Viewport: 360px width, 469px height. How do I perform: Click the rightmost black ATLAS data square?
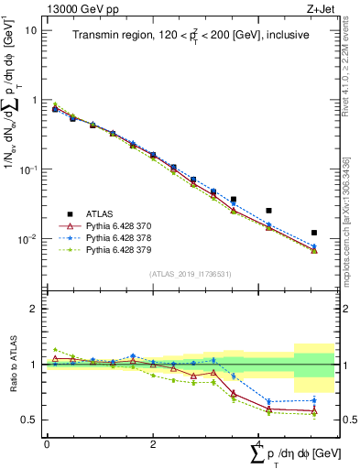coord(314,233)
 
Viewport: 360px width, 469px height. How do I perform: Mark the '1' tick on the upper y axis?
coord(34,100)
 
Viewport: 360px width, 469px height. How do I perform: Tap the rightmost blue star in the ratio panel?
coord(314,399)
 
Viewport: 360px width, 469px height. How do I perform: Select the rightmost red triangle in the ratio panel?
coord(314,411)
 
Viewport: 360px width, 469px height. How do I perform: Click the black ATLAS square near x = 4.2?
coord(268,211)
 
